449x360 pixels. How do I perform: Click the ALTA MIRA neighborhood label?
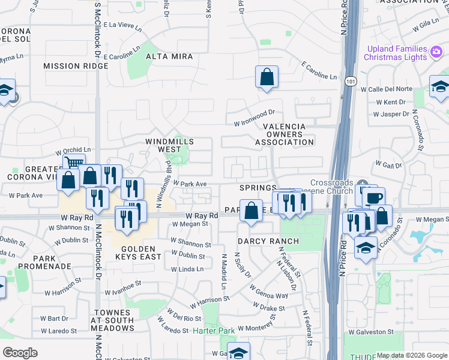point(169,57)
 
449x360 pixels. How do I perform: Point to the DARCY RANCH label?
point(268,241)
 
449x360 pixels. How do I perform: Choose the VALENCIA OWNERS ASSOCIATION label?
point(285,134)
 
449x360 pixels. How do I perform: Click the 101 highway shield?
point(349,79)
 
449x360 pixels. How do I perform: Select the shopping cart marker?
point(74,163)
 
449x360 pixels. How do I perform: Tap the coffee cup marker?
point(375,198)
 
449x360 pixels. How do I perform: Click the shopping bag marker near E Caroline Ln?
point(267,77)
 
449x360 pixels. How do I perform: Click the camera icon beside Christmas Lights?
point(436,53)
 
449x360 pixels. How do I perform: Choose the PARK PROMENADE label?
point(37,261)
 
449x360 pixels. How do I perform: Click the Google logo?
point(20,352)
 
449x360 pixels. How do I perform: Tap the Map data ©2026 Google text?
point(412,355)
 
